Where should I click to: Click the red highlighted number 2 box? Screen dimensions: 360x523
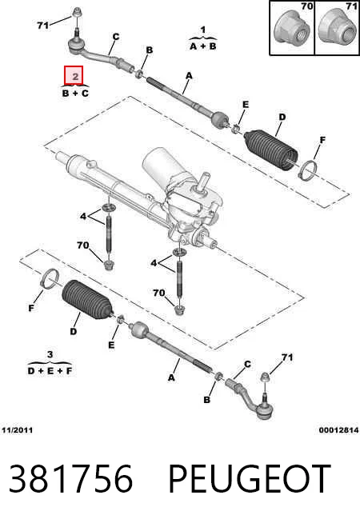point(74,75)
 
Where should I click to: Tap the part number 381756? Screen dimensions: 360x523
point(70,478)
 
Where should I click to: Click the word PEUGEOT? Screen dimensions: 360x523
point(250,478)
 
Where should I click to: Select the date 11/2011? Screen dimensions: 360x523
point(18,430)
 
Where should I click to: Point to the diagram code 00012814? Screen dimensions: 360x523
point(338,430)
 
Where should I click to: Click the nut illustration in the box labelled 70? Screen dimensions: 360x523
point(290,30)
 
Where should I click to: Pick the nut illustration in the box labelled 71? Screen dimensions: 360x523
point(336,30)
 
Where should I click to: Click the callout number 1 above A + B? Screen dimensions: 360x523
point(203,30)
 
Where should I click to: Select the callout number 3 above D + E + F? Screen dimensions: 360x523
point(50,354)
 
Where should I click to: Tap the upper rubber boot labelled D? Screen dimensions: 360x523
point(271,150)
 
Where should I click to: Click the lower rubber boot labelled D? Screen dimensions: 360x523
point(87,300)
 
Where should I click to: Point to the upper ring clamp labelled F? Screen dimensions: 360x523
point(307,170)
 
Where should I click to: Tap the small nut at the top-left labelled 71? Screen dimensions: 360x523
point(77,12)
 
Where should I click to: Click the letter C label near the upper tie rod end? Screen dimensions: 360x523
point(116,36)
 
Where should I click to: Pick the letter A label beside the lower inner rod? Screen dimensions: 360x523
point(171,377)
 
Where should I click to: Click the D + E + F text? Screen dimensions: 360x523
point(50,370)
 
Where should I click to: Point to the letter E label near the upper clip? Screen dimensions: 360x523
point(246,105)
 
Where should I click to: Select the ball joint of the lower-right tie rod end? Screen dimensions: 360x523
point(266,409)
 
